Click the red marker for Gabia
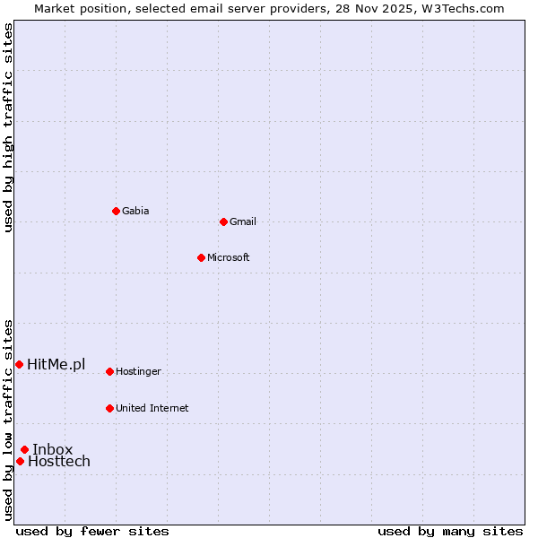[x=116, y=211]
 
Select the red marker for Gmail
[x=223, y=221]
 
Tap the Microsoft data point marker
[x=201, y=257]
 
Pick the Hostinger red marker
[x=109, y=371]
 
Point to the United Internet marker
[x=109, y=408]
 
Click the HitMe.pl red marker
[x=19, y=364]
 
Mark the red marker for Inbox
[x=24, y=449]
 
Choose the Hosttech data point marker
[x=20, y=461]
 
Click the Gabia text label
[x=135, y=211]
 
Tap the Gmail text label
[x=242, y=221]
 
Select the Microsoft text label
[x=228, y=257]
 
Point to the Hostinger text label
[x=138, y=371]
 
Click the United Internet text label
[x=152, y=408]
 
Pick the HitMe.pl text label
[x=56, y=364]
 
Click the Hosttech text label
[x=59, y=461]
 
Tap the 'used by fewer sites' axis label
[x=92, y=531]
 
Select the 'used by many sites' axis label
[x=450, y=531]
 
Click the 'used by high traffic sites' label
[x=8, y=127]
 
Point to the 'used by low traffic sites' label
[x=8, y=420]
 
